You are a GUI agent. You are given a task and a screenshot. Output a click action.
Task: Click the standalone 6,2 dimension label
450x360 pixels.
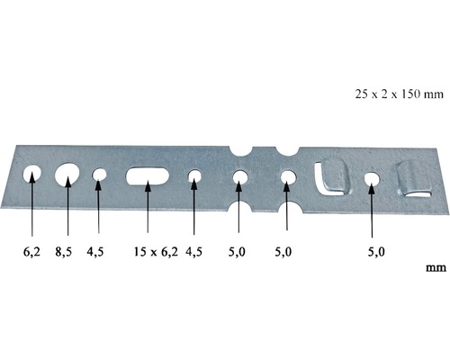(x=32, y=253)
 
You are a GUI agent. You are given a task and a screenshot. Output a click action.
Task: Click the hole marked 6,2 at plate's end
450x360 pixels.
(x=32, y=172)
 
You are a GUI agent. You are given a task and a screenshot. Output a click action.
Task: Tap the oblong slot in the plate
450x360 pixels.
(x=146, y=175)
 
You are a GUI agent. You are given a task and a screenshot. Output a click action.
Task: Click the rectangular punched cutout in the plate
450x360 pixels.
(x=330, y=176)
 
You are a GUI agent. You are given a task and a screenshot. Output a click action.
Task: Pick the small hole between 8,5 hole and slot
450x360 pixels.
(x=99, y=175)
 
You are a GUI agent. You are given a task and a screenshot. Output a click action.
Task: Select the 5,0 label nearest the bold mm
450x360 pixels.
(x=375, y=253)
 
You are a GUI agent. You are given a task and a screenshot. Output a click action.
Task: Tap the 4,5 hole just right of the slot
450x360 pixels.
(x=193, y=177)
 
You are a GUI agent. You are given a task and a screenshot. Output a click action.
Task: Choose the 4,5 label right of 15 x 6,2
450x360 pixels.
(x=193, y=253)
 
